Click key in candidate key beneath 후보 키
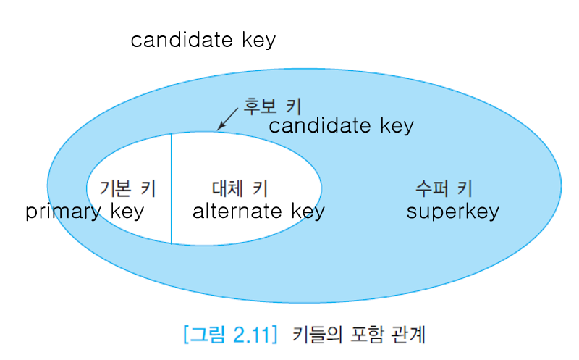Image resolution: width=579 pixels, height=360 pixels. pyautogui.click(x=397, y=126)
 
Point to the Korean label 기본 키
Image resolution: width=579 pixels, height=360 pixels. pyautogui.click(x=128, y=189)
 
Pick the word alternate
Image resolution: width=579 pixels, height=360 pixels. pyautogui.click(x=238, y=212)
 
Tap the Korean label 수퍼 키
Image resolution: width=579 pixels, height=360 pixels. pyautogui.click(x=444, y=189)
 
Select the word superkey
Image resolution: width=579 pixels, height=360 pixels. pyautogui.click(x=452, y=212)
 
